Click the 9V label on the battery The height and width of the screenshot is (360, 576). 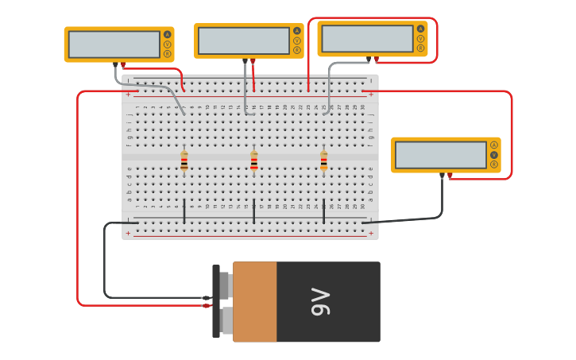pyautogui.click(x=320, y=302)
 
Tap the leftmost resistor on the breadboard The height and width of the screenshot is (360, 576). pyautogui.click(x=184, y=161)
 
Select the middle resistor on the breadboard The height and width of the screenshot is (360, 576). pyautogui.click(x=254, y=161)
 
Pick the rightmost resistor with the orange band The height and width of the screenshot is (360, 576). pyautogui.click(x=323, y=161)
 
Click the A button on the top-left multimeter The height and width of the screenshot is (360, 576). pyautogui.click(x=168, y=34)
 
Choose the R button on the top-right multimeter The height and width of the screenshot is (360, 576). pyautogui.click(x=421, y=48)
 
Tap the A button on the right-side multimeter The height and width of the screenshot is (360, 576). pyautogui.click(x=494, y=145)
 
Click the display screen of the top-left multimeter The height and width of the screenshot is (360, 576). pyautogui.click(x=114, y=45)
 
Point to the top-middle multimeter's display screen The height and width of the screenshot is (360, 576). pyautogui.click(x=244, y=41)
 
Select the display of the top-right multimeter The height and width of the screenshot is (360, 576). pyautogui.click(x=368, y=39)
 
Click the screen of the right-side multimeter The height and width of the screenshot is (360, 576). pyautogui.click(x=441, y=155)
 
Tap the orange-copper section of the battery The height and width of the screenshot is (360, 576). pyautogui.click(x=255, y=302)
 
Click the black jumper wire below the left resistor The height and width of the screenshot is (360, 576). pyautogui.click(x=184, y=211)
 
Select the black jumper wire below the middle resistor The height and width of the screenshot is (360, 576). pyautogui.click(x=254, y=211)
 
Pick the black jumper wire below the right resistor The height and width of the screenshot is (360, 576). pyautogui.click(x=323, y=211)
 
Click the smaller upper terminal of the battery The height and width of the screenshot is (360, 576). pyautogui.click(x=225, y=285)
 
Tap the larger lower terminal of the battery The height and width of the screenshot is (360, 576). pyautogui.click(x=226, y=321)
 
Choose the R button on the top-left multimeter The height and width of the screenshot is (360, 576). pyautogui.click(x=168, y=54)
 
